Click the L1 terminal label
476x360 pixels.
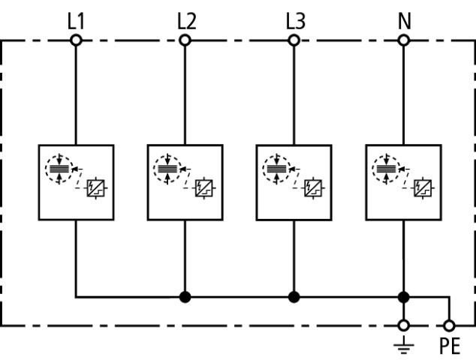coord(76,20)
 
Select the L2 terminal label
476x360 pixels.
coord(185,20)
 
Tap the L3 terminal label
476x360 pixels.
coord(295,20)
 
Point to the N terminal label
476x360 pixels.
coord(404,20)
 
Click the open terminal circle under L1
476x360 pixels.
coord(76,40)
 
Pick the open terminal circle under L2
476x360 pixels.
coord(185,40)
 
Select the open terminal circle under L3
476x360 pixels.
coord(295,40)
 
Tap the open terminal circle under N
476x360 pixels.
coord(404,40)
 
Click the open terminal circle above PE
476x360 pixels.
coord(449,326)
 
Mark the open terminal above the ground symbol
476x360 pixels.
coord(404,326)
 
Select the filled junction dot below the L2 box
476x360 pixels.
coord(185,297)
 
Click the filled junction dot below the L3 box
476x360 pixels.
coord(295,297)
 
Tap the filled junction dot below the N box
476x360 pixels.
coord(404,297)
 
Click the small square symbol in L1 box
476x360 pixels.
coord(95,187)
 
